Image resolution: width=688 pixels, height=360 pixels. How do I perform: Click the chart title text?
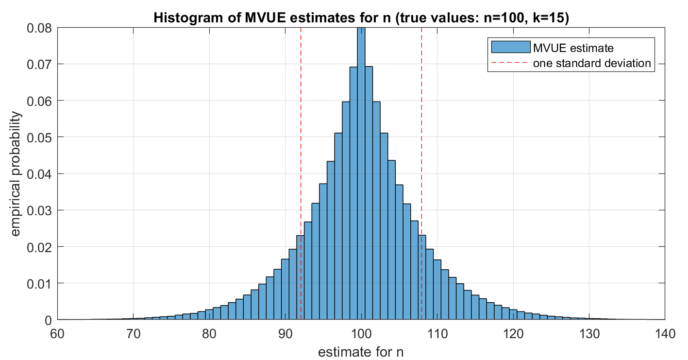tap(361, 18)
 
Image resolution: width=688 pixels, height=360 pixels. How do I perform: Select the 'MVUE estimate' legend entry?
tap(573, 48)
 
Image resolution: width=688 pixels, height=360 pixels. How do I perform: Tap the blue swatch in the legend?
tap(510, 48)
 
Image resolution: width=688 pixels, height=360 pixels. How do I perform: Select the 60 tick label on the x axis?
tap(57, 334)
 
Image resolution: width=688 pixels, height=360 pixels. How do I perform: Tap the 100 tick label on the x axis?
tap(361, 334)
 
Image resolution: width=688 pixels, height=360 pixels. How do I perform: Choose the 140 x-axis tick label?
tap(664, 334)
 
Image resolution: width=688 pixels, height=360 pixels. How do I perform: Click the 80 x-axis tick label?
tap(209, 334)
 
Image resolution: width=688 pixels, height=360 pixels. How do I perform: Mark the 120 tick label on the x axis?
tap(513, 334)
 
